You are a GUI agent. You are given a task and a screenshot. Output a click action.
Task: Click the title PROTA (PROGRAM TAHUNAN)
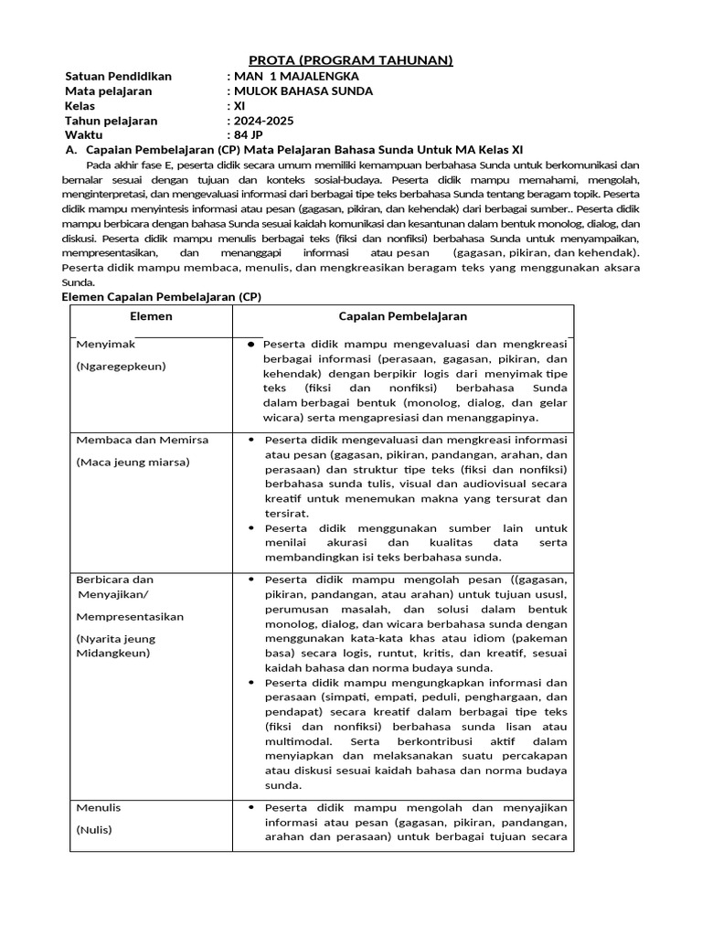[x=352, y=60]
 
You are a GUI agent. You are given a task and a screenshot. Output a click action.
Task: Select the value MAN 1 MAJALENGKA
[x=296, y=76]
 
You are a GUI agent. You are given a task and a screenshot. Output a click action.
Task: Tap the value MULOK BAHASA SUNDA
[x=303, y=90]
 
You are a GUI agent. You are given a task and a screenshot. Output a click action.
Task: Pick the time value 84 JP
[x=252, y=134]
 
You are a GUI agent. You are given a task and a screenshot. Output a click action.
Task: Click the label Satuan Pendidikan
[x=118, y=76]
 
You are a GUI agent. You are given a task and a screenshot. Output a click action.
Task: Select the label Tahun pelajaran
[x=112, y=120]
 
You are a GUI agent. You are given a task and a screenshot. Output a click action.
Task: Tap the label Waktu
[x=84, y=134]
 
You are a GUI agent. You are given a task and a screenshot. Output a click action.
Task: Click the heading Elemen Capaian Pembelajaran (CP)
[x=160, y=297]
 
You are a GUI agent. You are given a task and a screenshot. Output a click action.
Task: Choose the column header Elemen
[x=152, y=316]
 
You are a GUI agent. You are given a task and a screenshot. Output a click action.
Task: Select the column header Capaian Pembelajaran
[x=403, y=316]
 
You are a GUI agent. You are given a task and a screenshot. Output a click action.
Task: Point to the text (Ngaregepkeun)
[x=122, y=366]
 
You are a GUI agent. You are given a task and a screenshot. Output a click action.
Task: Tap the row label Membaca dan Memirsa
[x=143, y=440]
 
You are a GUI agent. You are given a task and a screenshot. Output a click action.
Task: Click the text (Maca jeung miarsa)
[x=133, y=462]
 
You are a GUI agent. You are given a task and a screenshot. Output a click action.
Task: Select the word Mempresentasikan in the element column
[x=130, y=616]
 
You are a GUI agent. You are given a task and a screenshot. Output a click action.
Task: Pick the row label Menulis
[x=99, y=808]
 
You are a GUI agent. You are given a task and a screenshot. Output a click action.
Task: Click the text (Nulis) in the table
[x=94, y=830]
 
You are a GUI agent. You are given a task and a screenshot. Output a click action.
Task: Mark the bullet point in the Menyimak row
[x=250, y=345]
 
